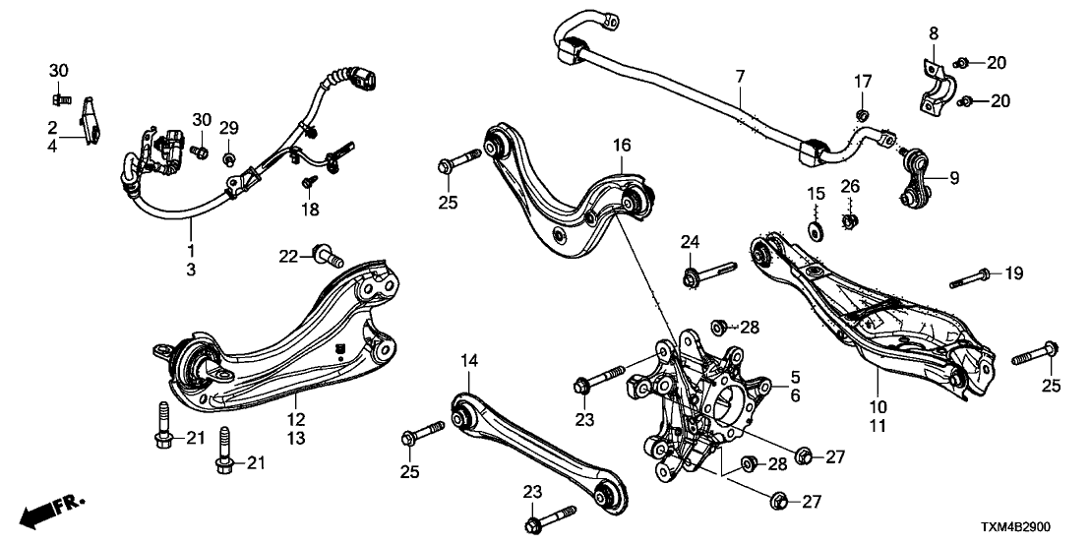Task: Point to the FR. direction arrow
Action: tap(50, 511)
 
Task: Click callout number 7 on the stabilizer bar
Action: tap(740, 77)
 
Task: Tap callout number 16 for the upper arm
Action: tap(621, 147)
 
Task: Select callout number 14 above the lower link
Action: tap(470, 361)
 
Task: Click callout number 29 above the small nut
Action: tap(228, 128)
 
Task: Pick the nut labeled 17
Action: tap(862, 115)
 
